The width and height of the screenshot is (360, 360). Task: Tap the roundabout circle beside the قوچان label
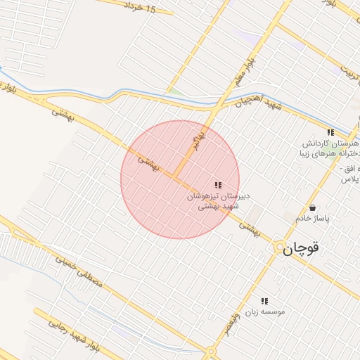click(x=281, y=247)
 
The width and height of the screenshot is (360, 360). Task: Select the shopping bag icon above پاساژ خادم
click(x=312, y=207)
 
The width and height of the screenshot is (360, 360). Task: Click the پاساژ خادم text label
click(x=312, y=219)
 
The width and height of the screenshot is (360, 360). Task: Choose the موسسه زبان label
click(x=265, y=311)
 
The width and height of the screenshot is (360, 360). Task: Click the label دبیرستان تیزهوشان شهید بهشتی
click(x=218, y=201)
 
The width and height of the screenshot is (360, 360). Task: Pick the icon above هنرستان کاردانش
click(x=330, y=132)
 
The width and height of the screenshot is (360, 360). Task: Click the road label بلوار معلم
click(x=240, y=72)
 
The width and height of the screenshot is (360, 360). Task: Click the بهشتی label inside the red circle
click(x=148, y=162)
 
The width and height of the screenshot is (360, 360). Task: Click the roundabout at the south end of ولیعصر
click(x=210, y=352)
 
